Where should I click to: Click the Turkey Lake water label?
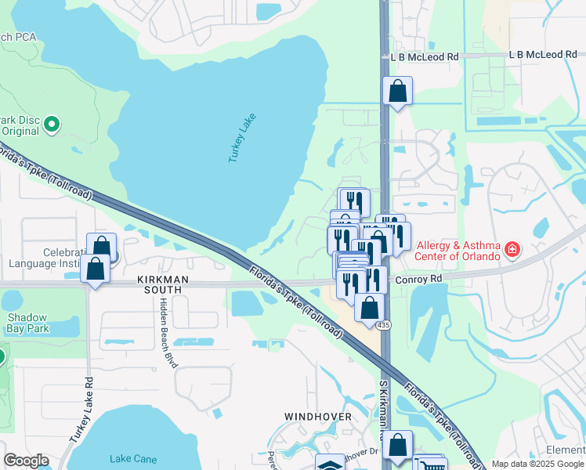242,139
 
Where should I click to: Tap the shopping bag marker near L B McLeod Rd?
398,91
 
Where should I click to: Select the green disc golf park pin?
52,124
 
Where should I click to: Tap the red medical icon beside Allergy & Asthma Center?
512,250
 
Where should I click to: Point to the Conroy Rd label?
419,278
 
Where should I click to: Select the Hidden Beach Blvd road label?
167,331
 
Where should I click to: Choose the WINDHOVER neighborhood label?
313,416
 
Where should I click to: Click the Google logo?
26,461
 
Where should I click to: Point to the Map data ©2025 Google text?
538,464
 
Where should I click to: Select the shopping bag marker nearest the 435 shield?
369,307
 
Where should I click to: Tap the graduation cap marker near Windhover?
330,464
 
